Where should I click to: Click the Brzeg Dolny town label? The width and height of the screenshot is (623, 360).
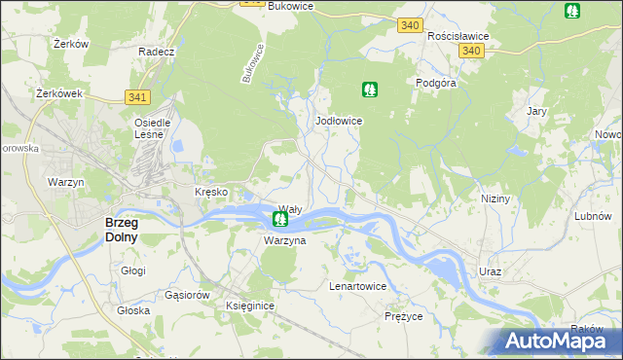[122, 230]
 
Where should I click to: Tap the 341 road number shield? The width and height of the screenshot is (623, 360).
[137, 96]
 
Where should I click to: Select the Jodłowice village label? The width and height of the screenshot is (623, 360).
[340, 121]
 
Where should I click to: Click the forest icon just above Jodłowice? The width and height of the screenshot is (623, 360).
[370, 90]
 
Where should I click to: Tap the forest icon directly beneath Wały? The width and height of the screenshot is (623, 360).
[279, 221]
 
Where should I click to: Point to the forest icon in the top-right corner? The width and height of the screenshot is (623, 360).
[571, 11]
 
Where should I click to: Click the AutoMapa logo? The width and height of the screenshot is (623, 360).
[558, 341]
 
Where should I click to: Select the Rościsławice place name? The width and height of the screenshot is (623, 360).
[458, 36]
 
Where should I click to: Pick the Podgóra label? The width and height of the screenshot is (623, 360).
[436, 83]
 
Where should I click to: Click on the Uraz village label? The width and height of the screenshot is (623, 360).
[490, 271]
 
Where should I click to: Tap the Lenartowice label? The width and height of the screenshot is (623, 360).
[358, 287]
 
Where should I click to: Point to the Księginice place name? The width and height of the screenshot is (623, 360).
[250, 306]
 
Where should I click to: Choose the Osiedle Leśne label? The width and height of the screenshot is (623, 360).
[152, 128]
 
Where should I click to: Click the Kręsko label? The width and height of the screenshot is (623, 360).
[211, 192]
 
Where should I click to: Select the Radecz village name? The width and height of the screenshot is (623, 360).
[156, 52]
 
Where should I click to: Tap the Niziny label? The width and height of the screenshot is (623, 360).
[495, 198]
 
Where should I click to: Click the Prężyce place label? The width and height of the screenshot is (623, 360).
[403, 316]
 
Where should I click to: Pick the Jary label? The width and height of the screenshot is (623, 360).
[536, 111]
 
